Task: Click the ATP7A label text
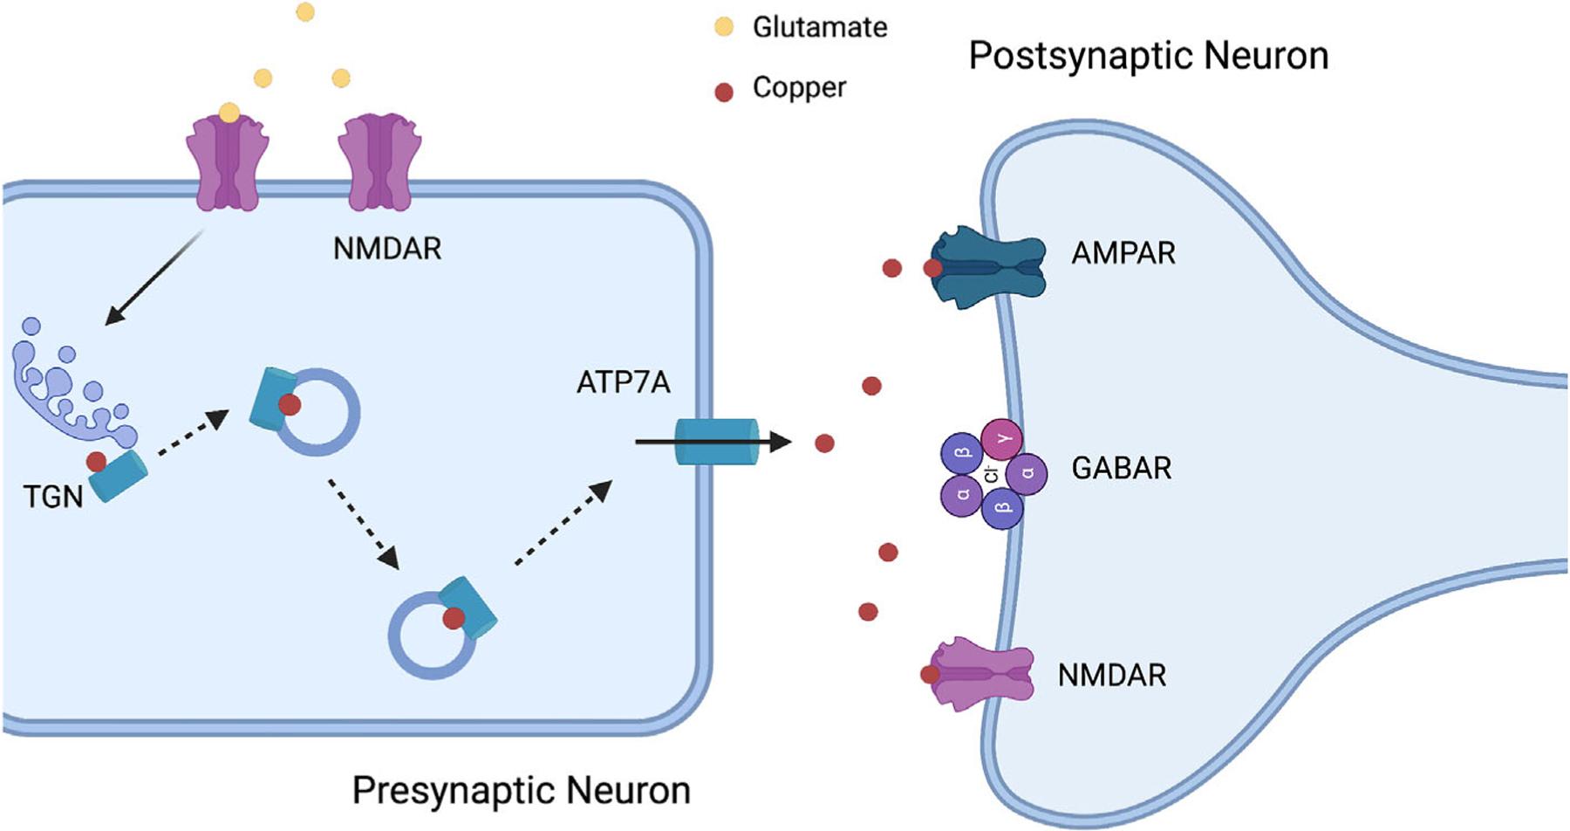[x=623, y=382]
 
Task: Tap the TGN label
[x=53, y=497]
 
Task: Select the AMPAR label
[x=1123, y=253]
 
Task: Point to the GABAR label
[x=1121, y=468]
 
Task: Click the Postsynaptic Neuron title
[x=1148, y=56]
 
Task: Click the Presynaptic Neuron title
[x=521, y=790]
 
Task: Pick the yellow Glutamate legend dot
[x=724, y=27]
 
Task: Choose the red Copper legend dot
[x=724, y=92]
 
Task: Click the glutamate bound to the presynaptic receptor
[x=229, y=113]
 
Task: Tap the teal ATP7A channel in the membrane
[x=717, y=441]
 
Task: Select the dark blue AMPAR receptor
[x=990, y=267]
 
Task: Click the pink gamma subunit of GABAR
[x=1002, y=439]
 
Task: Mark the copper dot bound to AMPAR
[x=932, y=268]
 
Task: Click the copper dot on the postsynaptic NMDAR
[x=930, y=674]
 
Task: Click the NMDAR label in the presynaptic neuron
[x=387, y=249]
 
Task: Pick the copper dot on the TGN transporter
[x=96, y=461]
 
